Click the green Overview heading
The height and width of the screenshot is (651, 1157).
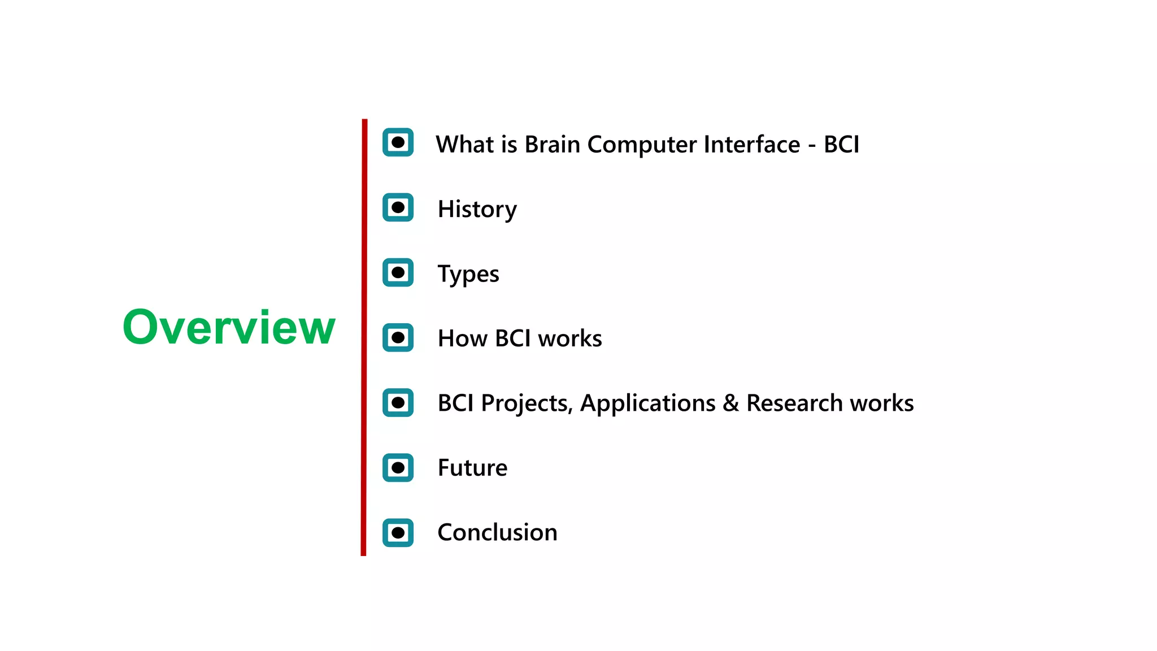tap(229, 327)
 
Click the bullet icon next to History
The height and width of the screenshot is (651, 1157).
tap(398, 207)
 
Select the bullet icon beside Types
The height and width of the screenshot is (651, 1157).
tap(398, 272)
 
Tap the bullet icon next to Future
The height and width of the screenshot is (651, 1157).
tap(398, 467)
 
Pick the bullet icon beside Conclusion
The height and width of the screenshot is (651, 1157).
tap(398, 532)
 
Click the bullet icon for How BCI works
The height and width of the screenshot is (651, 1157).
tap(398, 337)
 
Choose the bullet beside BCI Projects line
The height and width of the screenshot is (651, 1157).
tap(398, 402)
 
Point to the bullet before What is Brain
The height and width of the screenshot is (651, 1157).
tap(398, 142)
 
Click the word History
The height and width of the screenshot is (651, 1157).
tap(477, 210)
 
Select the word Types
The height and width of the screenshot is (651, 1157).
tap(468, 275)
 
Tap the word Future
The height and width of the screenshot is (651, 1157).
tap(472, 468)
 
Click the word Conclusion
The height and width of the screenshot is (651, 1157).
tap(497, 532)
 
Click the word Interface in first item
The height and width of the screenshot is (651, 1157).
tap(752, 145)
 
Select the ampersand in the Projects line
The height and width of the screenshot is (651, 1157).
tap(730, 403)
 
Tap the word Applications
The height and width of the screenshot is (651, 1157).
tap(647, 403)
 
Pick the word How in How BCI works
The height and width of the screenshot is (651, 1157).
tap(462, 338)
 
